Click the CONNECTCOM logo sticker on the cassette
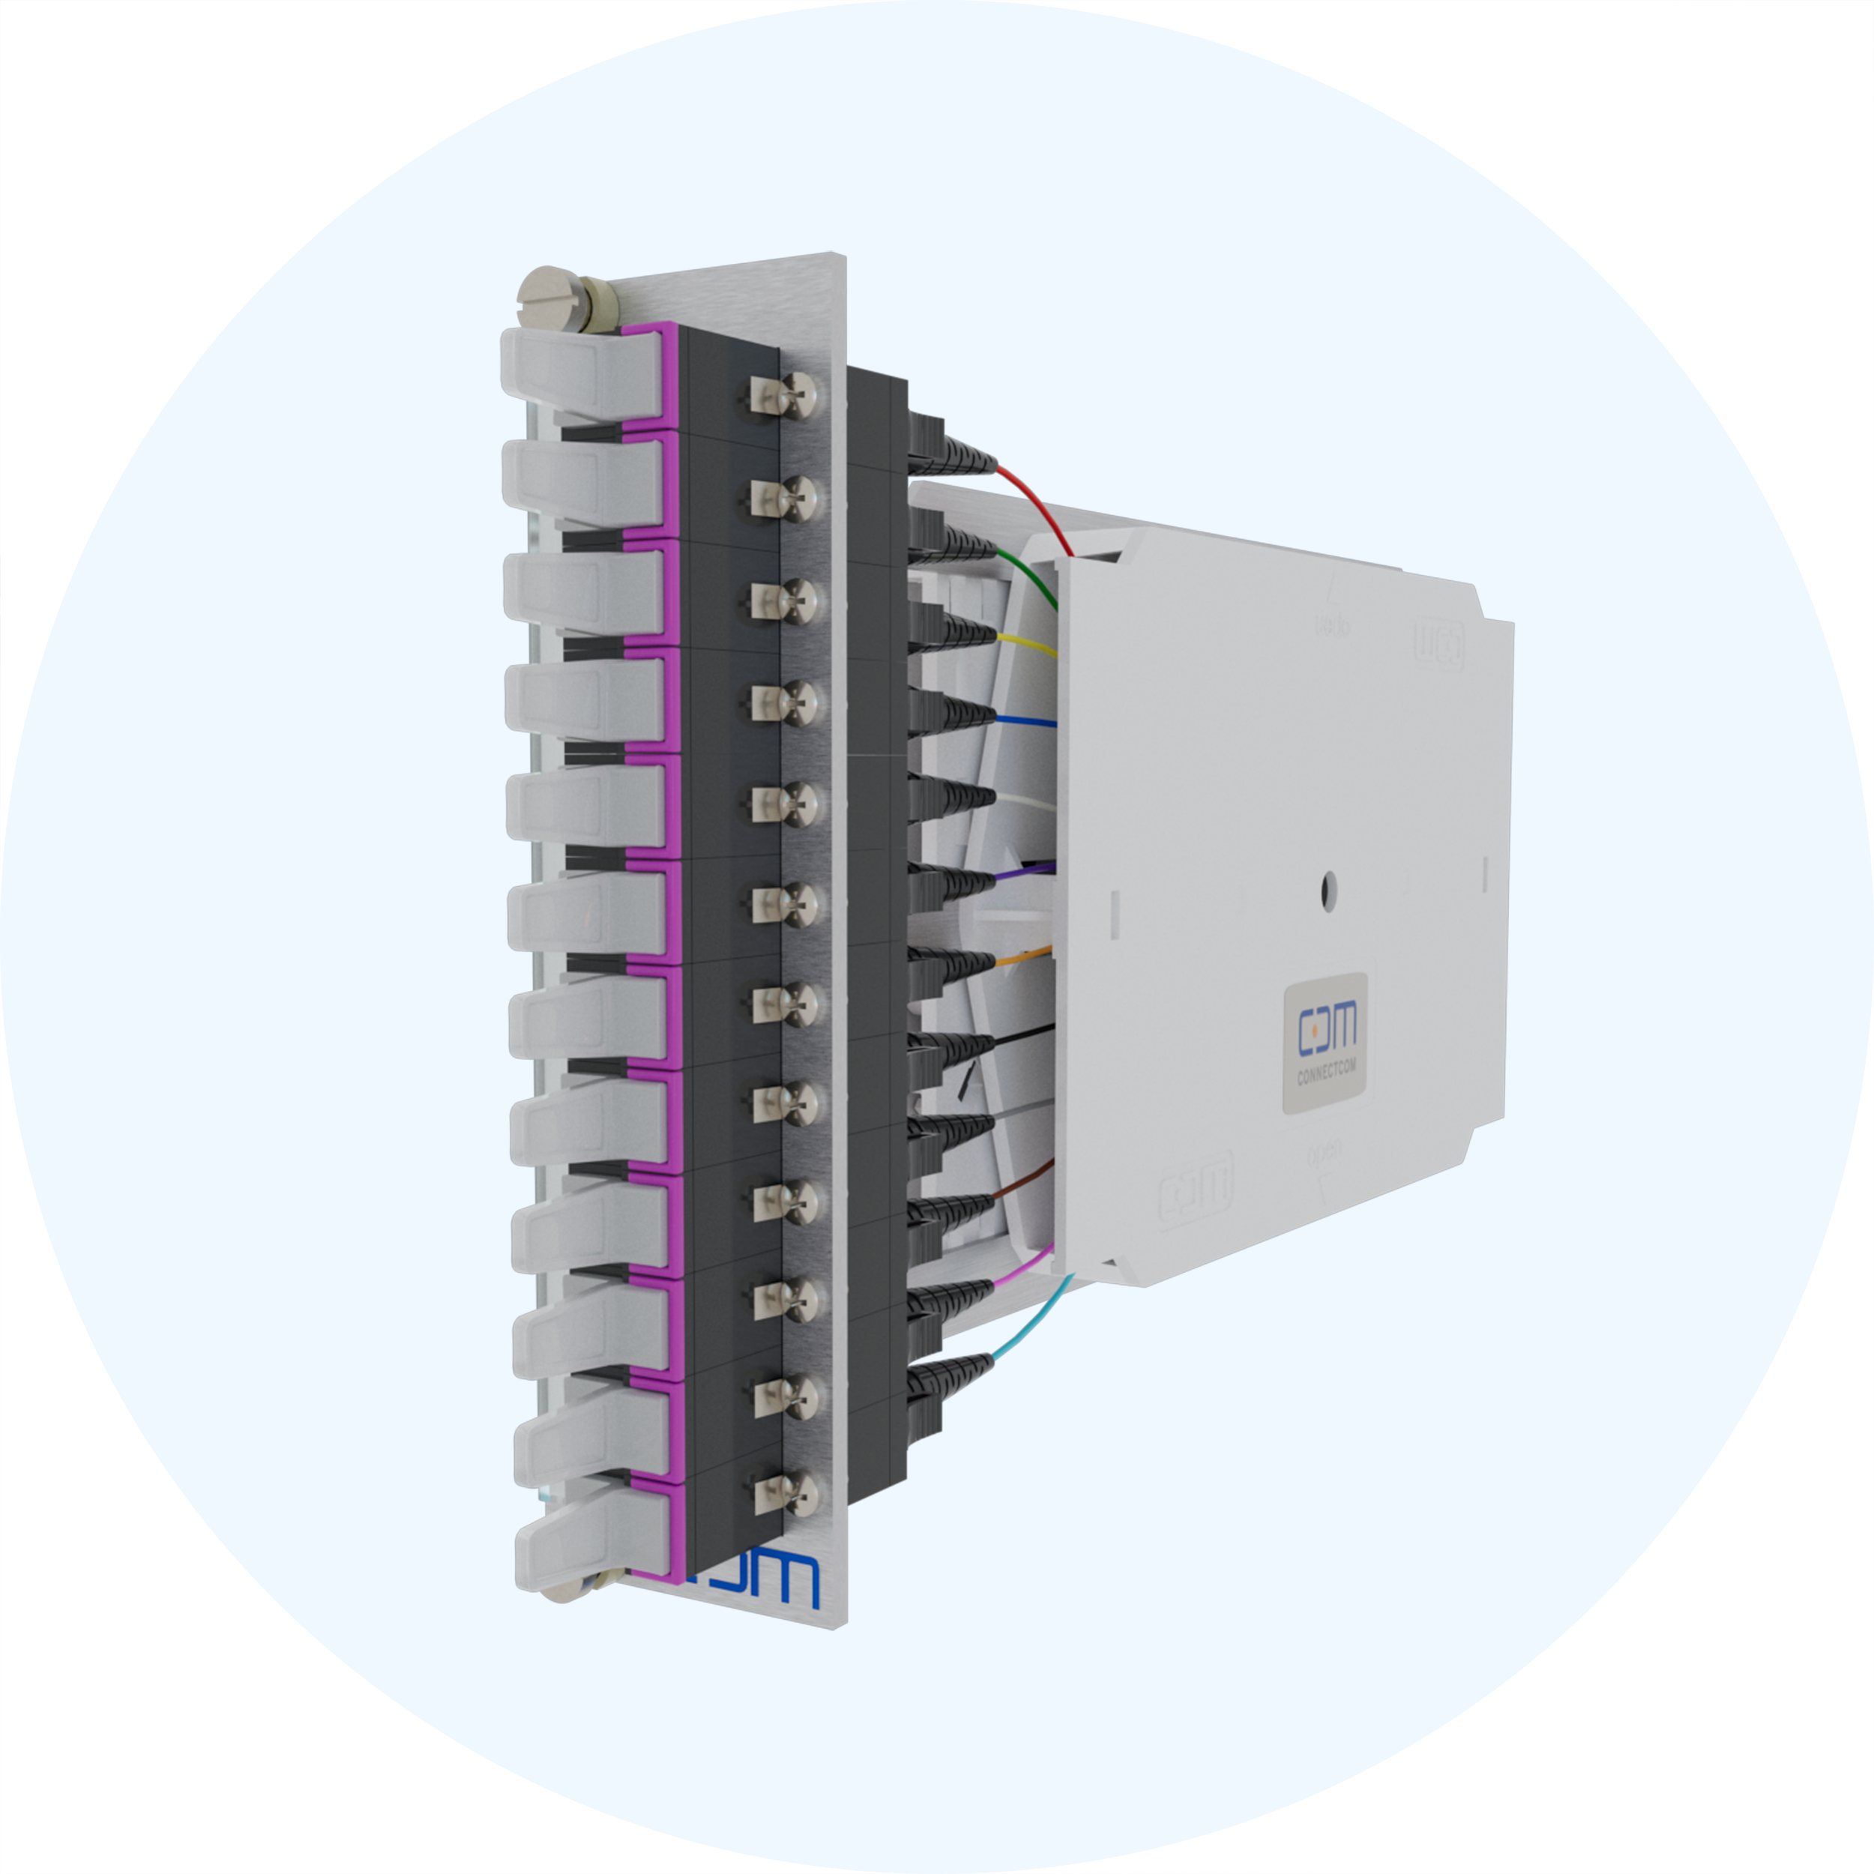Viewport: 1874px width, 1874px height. tap(1326, 1043)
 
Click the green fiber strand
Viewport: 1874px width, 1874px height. tap(1038, 578)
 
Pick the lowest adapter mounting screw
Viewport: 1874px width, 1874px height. tap(786, 1495)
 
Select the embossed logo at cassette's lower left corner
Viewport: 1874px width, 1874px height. tap(1195, 1184)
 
